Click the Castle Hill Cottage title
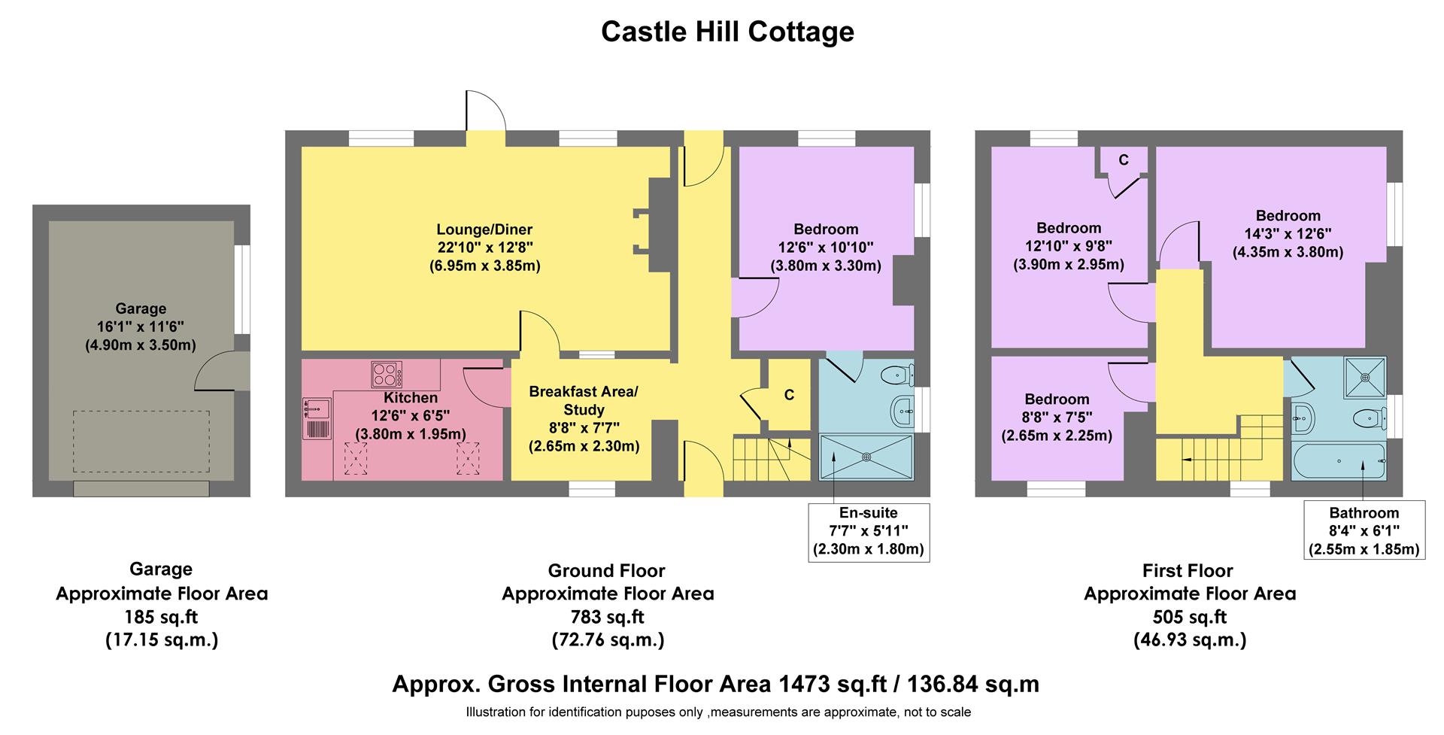[x=727, y=32]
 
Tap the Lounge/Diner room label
[x=484, y=229]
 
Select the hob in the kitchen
[x=387, y=374]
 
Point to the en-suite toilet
[x=898, y=374]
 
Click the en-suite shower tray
[x=866, y=456]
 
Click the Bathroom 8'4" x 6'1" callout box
[x=1364, y=531]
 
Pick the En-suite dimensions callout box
[x=868, y=531]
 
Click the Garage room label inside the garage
[x=141, y=308]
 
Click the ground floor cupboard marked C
[x=789, y=395]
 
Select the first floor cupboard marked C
[x=1124, y=160]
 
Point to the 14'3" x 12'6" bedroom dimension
[x=1288, y=234]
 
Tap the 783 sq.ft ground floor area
[x=607, y=617]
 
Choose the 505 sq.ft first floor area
[x=1189, y=617]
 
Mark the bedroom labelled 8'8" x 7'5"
[x=1056, y=418]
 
